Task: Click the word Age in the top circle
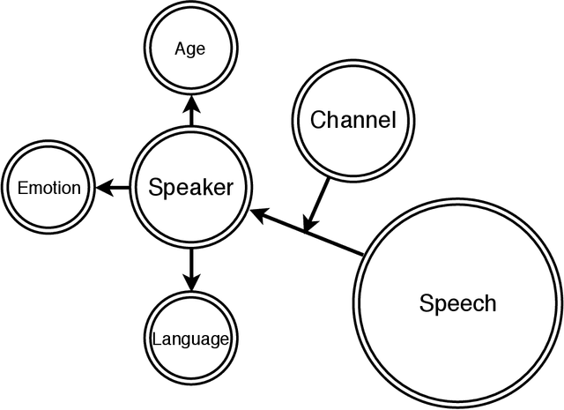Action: pyautogui.click(x=189, y=48)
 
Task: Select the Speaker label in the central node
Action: pyautogui.click(x=191, y=187)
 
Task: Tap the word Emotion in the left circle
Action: pyautogui.click(x=49, y=188)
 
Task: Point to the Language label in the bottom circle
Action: pyautogui.click(x=191, y=339)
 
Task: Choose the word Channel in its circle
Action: pyautogui.click(x=353, y=120)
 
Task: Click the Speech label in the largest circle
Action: pyautogui.click(x=457, y=304)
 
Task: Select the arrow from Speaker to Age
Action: pyautogui.click(x=191, y=110)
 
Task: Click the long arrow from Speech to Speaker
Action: pyautogui.click(x=308, y=233)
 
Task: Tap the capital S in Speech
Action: pyautogui.click(x=427, y=304)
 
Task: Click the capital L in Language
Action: pyautogui.click(x=156, y=339)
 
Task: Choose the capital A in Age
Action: pyautogui.click(x=179, y=48)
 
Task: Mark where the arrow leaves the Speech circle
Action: pyautogui.click(x=363, y=256)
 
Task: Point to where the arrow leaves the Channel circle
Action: pyautogui.click(x=329, y=179)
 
